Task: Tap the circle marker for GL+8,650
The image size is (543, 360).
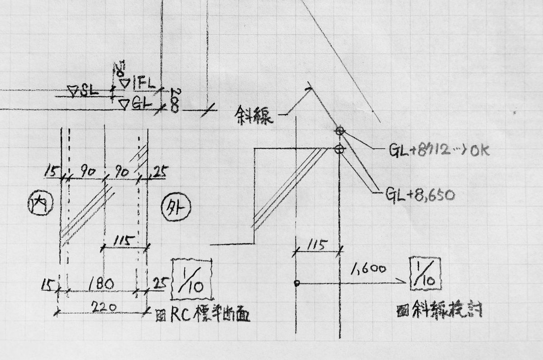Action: [340, 149]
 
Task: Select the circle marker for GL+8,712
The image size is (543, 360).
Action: [340, 131]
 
